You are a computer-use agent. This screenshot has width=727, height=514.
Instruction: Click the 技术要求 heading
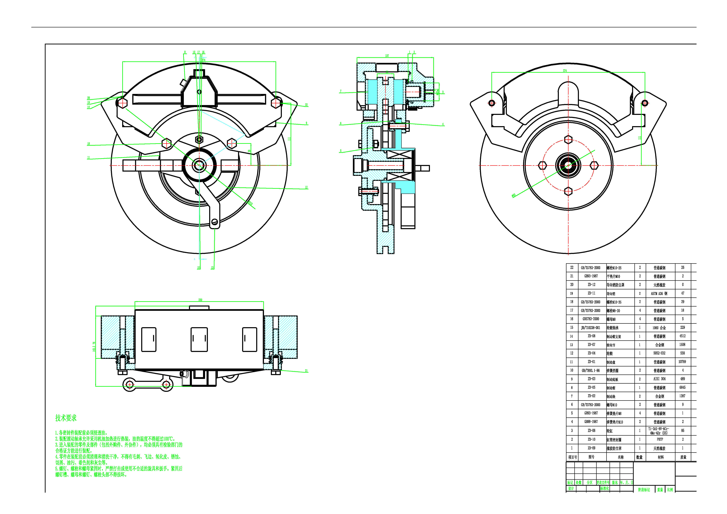click(66, 418)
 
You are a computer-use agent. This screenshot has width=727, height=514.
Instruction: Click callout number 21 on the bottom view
click(306, 371)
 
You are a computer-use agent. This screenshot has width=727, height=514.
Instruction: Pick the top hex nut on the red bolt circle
click(568, 140)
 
